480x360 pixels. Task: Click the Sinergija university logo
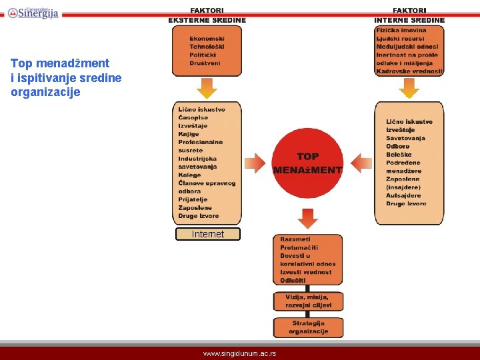point(33,11)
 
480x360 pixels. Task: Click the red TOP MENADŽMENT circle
point(307,163)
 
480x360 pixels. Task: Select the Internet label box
point(207,234)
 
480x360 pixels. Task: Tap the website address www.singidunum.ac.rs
point(239,353)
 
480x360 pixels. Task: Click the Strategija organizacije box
point(308,327)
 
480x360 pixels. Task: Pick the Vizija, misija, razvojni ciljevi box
point(308,301)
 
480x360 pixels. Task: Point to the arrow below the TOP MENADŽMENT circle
point(307,217)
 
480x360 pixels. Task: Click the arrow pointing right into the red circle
point(255,163)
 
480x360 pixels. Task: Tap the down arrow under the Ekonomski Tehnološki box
point(207,87)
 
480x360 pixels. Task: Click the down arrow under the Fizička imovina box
point(409,87)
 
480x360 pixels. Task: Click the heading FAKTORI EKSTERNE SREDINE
point(207,15)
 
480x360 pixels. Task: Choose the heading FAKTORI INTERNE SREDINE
point(409,15)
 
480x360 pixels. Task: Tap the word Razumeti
point(295,239)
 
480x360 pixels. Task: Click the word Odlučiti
point(294,280)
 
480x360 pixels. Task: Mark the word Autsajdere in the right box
point(403,195)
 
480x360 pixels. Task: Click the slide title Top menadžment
point(60,63)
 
